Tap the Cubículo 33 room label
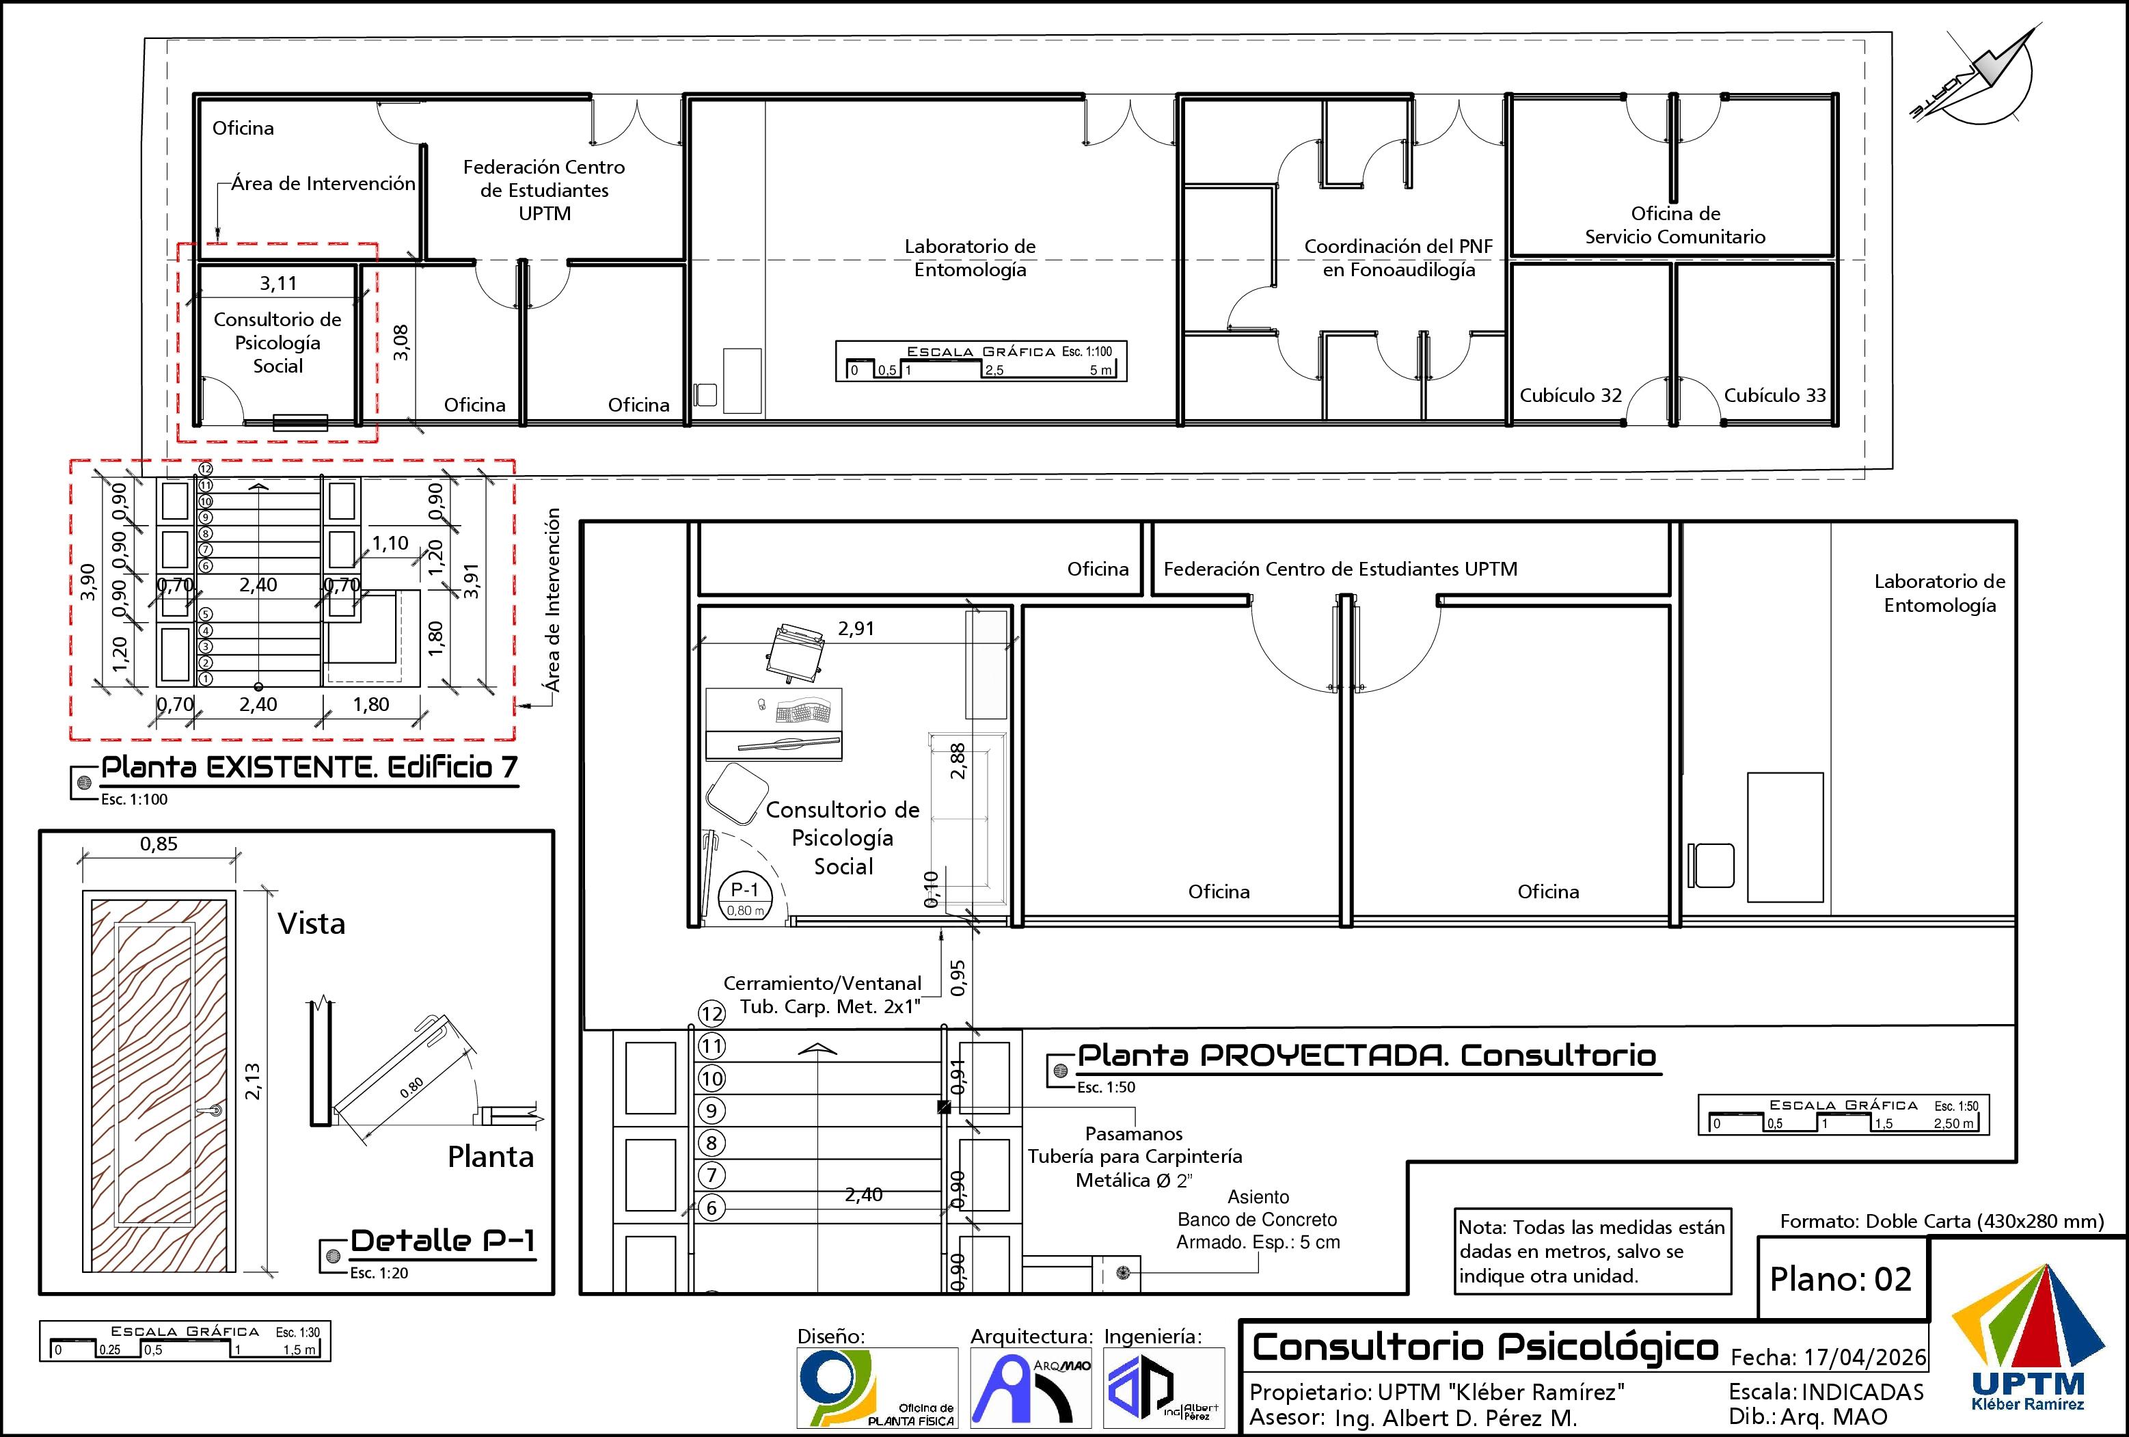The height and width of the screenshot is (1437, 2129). click(1774, 395)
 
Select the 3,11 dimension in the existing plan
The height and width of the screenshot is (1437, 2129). click(277, 283)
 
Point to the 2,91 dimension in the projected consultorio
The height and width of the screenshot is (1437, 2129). click(856, 629)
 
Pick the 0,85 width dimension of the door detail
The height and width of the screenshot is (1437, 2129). click(159, 844)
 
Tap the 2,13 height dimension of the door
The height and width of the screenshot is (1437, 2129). click(253, 1082)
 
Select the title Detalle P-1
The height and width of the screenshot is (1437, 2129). click(442, 1241)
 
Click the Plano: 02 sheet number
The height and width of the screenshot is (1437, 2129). click(1841, 1278)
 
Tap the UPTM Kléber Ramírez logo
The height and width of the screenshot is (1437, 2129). click(2029, 1337)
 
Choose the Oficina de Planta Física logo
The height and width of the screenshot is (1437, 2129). click(878, 1388)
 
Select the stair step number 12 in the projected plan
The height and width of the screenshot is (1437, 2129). click(711, 1014)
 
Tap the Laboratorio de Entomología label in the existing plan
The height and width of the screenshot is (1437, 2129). click(970, 258)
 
